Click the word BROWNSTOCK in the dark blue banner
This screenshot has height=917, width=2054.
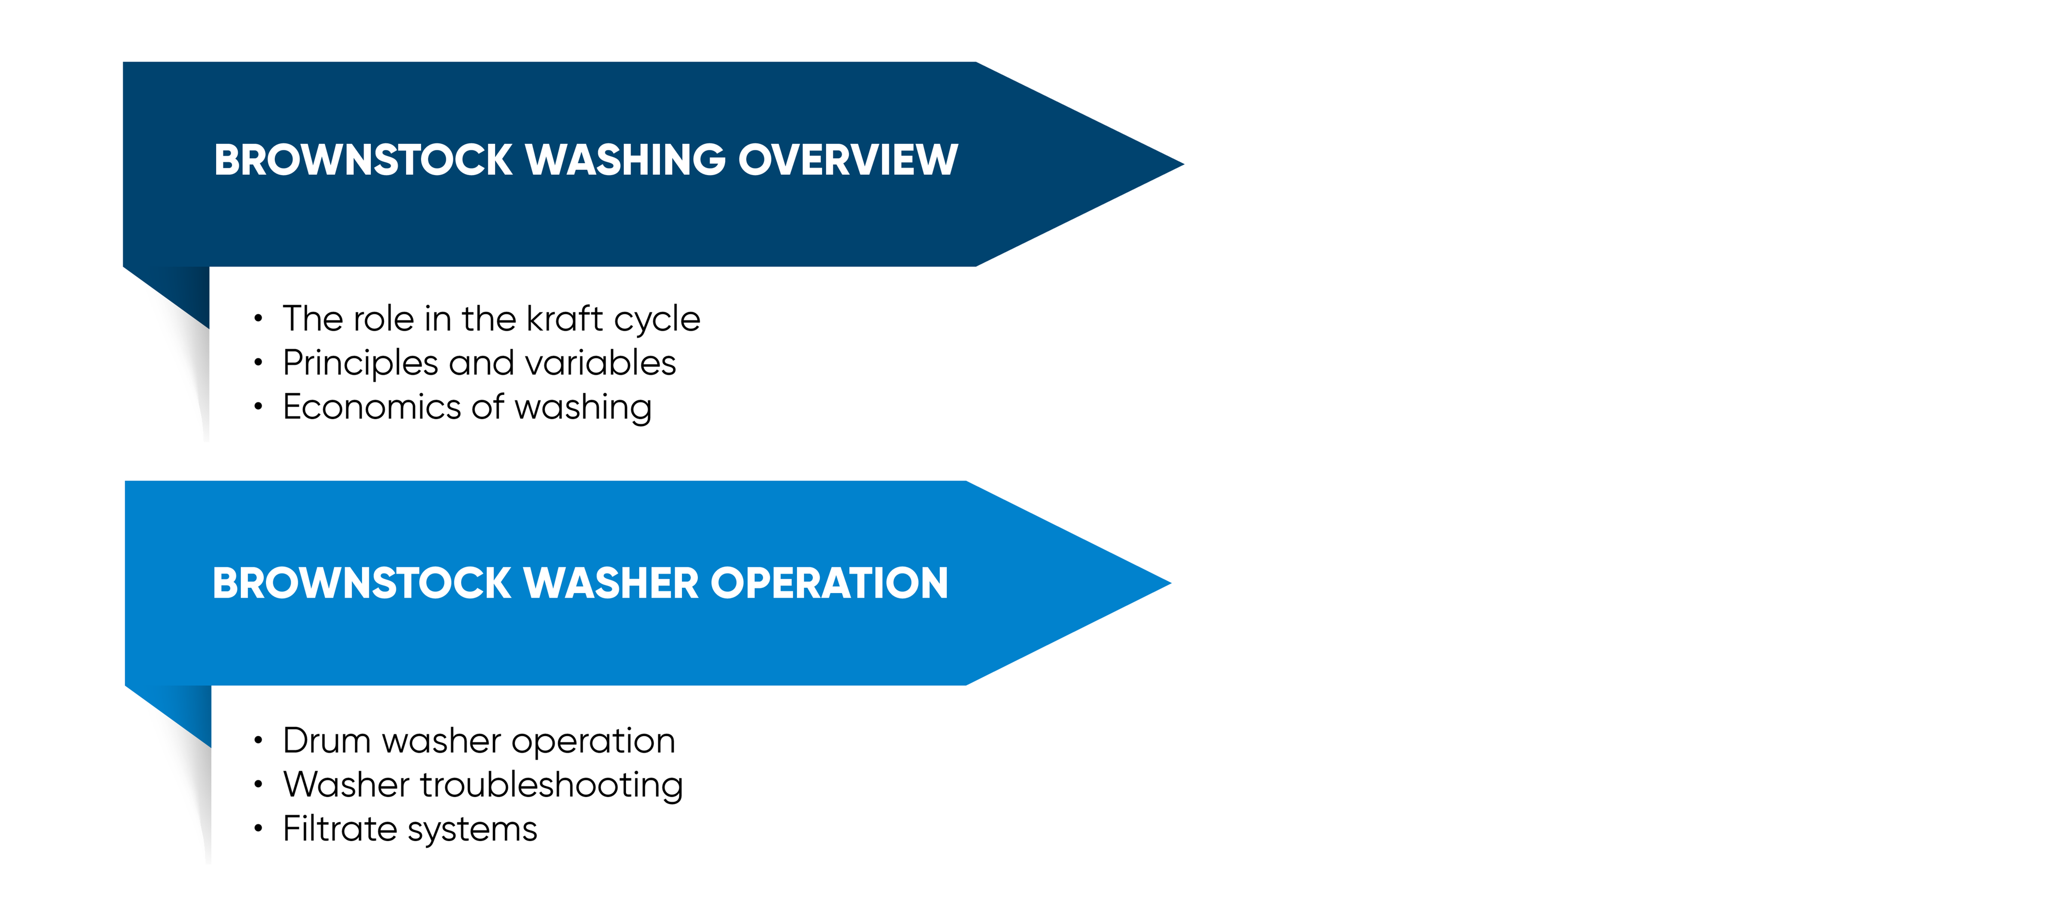[363, 160]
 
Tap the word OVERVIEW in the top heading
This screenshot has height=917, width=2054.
[848, 160]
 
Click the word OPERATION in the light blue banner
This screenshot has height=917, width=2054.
[829, 583]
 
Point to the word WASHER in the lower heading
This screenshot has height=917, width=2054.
[612, 583]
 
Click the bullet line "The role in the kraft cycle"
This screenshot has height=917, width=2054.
[491, 319]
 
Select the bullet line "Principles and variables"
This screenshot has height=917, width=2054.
[479, 364]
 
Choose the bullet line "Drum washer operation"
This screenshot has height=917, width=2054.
[479, 741]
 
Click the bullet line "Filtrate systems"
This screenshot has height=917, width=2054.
[410, 829]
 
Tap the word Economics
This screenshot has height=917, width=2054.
[372, 407]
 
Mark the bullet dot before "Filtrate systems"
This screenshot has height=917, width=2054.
[258, 829]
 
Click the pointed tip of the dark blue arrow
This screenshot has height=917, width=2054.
[1183, 164]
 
